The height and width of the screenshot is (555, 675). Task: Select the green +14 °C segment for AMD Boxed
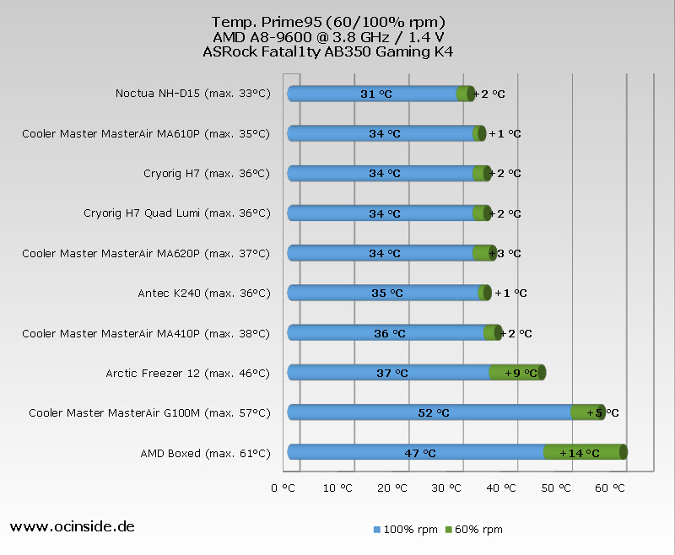pyautogui.click(x=583, y=453)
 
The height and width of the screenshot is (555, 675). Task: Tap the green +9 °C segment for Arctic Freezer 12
pyautogui.click(x=516, y=373)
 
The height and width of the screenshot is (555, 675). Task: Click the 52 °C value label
pyautogui.click(x=434, y=413)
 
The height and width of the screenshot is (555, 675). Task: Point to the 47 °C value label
pyautogui.click(x=419, y=453)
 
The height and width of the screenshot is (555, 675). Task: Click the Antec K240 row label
pyautogui.click(x=203, y=294)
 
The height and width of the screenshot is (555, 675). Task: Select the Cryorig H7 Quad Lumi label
pyautogui.click(x=176, y=213)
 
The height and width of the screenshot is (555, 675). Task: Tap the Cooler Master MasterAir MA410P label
pyautogui.click(x=146, y=333)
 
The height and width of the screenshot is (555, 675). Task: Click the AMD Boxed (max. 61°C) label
pyautogui.click(x=205, y=453)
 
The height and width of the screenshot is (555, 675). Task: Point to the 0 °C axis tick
pyautogui.click(x=283, y=488)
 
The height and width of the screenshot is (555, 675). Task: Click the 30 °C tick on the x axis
pyautogui.click(x=448, y=488)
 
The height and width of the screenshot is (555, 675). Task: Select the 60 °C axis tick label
pyautogui.click(x=613, y=488)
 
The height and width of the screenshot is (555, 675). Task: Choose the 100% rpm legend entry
pyautogui.click(x=405, y=530)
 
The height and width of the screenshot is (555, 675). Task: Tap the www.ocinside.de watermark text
pyautogui.click(x=72, y=526)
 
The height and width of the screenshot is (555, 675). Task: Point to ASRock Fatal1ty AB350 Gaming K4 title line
pyautogui.click(x=328, y=51)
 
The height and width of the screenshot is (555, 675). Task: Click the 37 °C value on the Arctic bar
pyautogui.click(x=392, y=373)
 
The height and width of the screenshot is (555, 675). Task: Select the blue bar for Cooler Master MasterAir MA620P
pyautogui.click(x=380, y=253)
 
